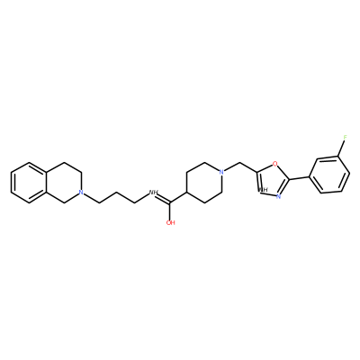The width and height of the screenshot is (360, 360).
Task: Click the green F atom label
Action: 345,138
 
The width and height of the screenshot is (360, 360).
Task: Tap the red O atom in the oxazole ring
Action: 274,164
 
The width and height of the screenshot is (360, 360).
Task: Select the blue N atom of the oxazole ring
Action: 278,197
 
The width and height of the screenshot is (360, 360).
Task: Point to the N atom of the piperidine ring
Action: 221,173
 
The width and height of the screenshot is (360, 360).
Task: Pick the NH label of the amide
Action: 153,193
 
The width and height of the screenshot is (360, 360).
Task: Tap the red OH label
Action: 170,222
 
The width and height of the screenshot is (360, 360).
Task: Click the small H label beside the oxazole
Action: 264,190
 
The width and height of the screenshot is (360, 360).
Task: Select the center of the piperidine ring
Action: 204,183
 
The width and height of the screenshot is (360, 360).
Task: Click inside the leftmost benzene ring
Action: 29,183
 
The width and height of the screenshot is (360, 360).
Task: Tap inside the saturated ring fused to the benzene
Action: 64,183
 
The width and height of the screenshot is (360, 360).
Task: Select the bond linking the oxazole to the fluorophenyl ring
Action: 299,178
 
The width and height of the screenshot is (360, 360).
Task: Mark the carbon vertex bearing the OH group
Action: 170,202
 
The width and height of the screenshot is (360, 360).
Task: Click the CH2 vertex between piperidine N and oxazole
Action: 240,163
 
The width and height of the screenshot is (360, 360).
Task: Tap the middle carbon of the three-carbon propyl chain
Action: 117,193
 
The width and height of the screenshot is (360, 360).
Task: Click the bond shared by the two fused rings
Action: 47,183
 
